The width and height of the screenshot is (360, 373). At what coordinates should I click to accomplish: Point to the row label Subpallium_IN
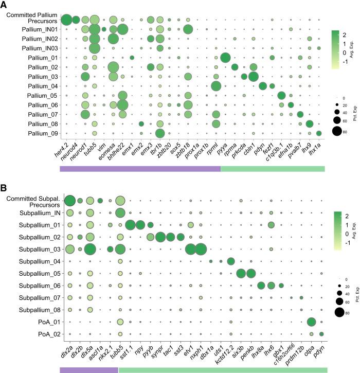33,212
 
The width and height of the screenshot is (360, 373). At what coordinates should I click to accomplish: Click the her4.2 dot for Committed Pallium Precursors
66,20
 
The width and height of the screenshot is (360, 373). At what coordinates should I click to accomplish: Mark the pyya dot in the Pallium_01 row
225,58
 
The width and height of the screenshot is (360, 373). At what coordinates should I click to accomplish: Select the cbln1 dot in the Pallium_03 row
253,77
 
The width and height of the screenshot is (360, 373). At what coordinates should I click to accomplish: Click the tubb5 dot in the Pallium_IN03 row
95,48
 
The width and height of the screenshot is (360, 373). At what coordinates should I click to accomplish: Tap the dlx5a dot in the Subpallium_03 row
90,249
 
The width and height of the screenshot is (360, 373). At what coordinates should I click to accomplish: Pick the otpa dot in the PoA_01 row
311,322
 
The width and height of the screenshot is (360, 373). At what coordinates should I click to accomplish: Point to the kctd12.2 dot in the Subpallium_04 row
230,261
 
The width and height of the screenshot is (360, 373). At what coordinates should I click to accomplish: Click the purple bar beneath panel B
88,369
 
